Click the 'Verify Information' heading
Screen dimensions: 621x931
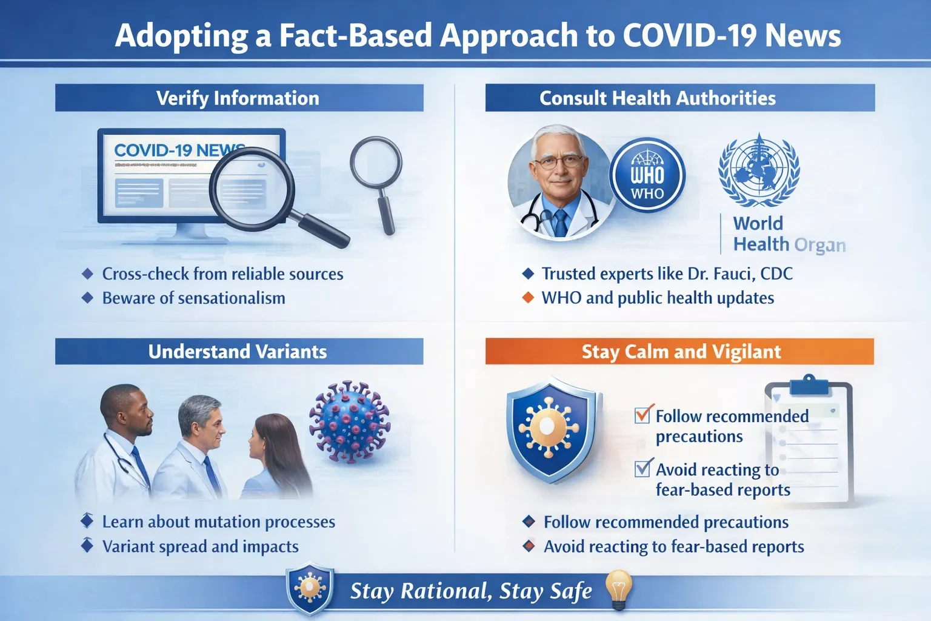(x=238, y=98)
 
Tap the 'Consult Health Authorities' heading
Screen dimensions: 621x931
(x=658, y=98)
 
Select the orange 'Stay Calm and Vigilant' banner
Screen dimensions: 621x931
(x=680, y=352)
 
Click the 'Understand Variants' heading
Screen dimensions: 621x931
(x=238, y=352)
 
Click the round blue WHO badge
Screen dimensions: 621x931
(x=647, y=176)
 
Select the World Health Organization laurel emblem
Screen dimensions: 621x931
(x=759, y=170)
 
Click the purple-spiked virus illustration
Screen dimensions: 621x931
(x=350, y=421)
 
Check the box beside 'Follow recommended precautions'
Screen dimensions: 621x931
(x=642, y=415)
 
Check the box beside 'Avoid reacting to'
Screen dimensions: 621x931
(x=642, y=468)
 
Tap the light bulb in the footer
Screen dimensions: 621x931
(x=618, y=588)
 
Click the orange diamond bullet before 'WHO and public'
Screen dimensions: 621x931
(x=529, y=298)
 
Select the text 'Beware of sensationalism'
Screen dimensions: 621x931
(x=193, y=298)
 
